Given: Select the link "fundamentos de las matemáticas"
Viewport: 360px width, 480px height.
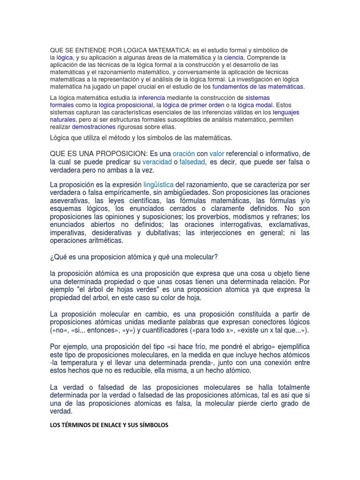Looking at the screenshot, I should [258, 87].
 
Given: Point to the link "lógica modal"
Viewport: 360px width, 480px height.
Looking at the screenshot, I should [255, 105].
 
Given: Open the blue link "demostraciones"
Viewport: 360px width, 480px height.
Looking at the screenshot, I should [93, 127].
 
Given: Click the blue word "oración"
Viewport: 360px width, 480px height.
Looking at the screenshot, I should [183, 154].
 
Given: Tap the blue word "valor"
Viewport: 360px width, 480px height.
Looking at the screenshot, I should [217, 154].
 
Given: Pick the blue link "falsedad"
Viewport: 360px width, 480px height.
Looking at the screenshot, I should [193, 162].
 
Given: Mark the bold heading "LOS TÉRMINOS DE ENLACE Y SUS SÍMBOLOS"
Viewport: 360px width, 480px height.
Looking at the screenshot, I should [109, 425].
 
